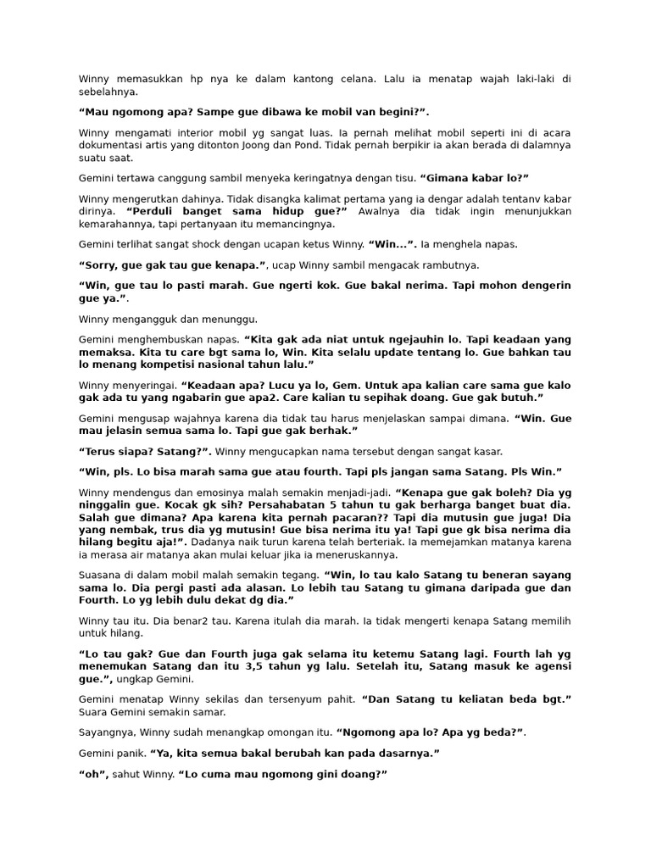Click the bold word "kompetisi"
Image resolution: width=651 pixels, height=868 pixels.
click(172, 364)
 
